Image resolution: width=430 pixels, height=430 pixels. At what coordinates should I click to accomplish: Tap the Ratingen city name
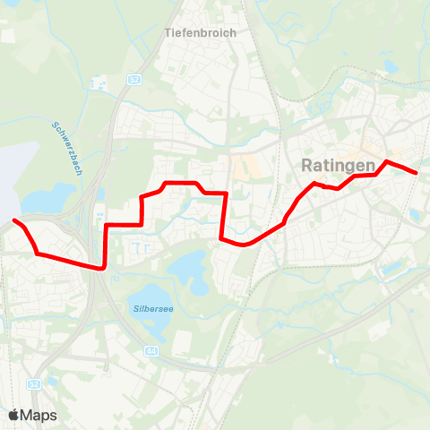click(x=333, y=165)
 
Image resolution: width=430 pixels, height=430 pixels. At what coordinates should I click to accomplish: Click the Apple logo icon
click(x=13, y=415)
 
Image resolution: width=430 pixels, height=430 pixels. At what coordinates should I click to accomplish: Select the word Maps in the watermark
click(x=39, y=415)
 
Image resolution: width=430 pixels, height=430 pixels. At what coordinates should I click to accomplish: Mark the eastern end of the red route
click(x=417, y=172)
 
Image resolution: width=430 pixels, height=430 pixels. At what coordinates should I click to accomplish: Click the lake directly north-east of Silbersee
click(x=187, y=264)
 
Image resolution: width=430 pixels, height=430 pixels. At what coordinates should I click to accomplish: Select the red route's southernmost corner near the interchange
click(x=105, y=266)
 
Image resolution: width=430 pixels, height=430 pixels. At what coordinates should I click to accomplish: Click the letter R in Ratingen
click(x=307, y=165)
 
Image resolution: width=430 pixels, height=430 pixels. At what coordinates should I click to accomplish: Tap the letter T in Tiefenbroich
click(x=168, y=32)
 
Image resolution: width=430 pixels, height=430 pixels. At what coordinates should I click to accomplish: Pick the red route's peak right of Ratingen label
click(x=386, y=162)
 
